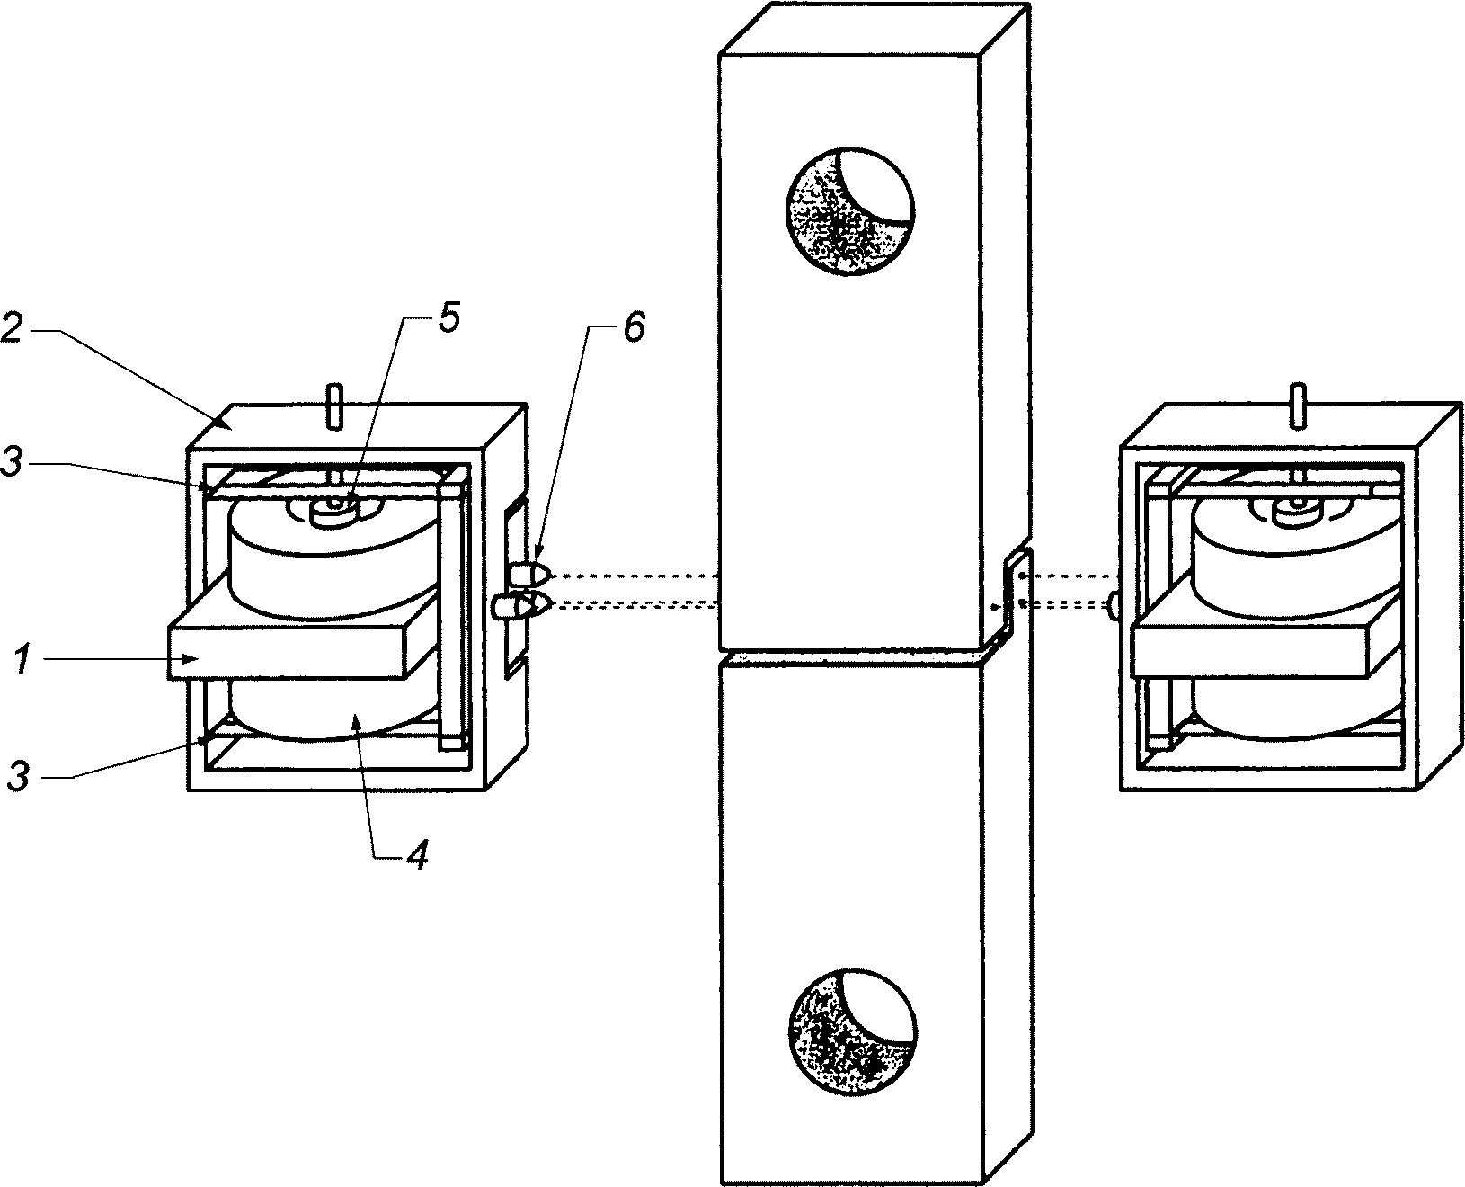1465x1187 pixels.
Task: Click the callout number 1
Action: pyautogui.click(x=22, y=659)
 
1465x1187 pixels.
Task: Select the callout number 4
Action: pyautogui.click(x=418, y=855)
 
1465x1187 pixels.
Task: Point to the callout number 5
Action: pyautogui.click(x=449, y=318)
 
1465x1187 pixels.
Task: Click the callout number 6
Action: pyautogui.click(x=635, y=326)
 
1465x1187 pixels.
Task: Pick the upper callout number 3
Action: pyautogui.click(x=12, y=460)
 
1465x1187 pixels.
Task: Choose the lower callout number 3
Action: pyautogui.click(x=19, y=776)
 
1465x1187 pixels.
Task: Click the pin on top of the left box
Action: pyautogui.click(x=334, y=407)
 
